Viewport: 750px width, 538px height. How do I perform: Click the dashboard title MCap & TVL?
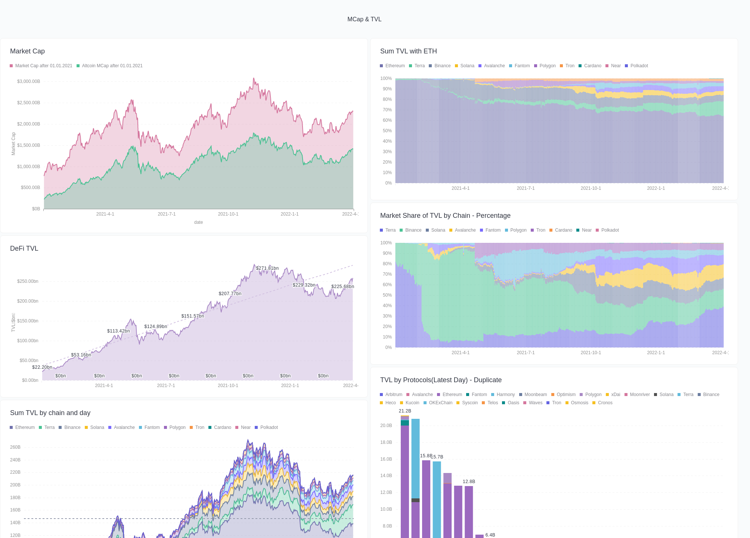pos(364,19)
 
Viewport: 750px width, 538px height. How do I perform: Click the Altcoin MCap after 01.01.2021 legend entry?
pos(112,66)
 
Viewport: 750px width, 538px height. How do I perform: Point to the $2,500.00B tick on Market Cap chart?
pos(28,103)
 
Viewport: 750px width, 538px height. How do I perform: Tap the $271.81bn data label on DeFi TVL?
pos(267,268)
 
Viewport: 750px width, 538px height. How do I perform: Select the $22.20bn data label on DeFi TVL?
pos(42,367)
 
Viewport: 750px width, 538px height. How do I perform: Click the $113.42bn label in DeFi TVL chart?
pos(118,331)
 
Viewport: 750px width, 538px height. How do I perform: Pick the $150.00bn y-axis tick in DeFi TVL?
pos(28,321)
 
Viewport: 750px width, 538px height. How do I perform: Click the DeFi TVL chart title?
pos(24,248)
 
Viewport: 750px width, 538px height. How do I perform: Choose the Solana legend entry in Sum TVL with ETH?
pos(467,66)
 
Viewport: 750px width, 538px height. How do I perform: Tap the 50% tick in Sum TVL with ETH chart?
pos(387,131)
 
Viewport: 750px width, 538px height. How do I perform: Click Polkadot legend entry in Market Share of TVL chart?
pos(610,230)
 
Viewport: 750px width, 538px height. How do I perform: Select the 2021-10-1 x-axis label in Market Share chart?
pos(591,353)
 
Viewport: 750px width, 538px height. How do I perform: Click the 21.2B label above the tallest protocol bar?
pos(405,411)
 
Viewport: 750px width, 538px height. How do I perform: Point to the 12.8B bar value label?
pos(469,482)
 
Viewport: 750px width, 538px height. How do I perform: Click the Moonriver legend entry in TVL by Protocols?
pos(639,395)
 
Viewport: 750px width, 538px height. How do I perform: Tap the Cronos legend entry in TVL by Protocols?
pos(605,403)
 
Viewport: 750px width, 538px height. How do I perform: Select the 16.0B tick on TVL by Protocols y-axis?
pos(386,459)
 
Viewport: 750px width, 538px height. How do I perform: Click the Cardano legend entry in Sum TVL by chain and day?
pos(222,427)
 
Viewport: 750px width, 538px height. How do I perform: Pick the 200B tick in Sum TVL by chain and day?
pos(15,485)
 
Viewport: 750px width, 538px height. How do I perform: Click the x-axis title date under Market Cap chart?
pos(198,222)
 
